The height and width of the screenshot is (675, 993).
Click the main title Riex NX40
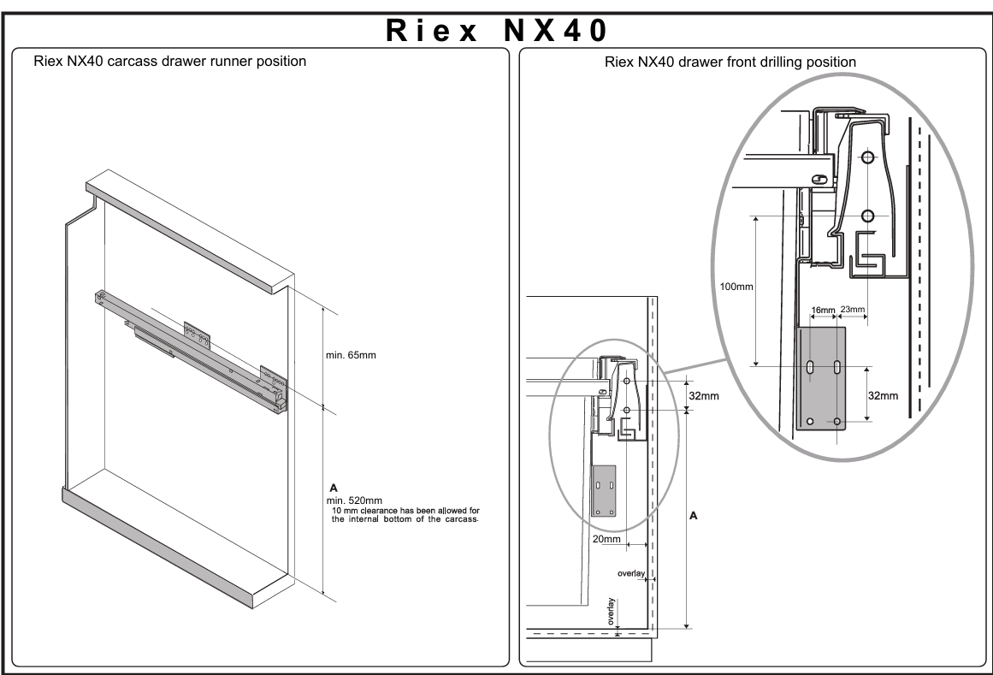pyautogui.click(x=497, y=30)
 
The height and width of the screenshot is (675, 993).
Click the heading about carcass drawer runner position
pyautogui.click(x=169, y=62)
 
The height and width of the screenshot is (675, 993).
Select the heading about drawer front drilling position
pyautogui.click(x=730, y=62)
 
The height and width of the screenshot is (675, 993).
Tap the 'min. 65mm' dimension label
pyautogui.click(x=351, y=355)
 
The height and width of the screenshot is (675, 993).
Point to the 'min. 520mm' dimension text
pyautogui.click(x=354, y=500)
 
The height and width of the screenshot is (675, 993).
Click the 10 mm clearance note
pyautogui.click(x=405, y=515)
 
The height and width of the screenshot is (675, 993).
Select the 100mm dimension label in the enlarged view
pyautogui.click(x=736, y=287)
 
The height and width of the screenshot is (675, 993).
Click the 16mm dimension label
pyautogui.click(x=824, y=311)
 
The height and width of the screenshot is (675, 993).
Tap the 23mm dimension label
pyautogui.click(x=853, y=310)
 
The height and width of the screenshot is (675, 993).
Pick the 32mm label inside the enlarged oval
pyautogui.click(x=883, y=396)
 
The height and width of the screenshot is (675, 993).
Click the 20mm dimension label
pyautogui.click(x=606, y=540)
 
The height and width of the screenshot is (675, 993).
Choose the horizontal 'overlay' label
pyautogui.click(x=631, y=574)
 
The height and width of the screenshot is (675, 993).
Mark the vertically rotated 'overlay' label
pyautogui.click(x=612, y=612)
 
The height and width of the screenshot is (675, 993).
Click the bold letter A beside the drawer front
pyautogui.click(x=694, y=516)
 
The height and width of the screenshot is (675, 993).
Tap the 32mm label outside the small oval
pyautogui.click(x=704, y=396)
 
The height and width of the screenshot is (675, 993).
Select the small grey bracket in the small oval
pyautogui.click(x=604, y=491)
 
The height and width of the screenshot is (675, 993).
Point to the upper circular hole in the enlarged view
pyautogui.click(x=867, y=157)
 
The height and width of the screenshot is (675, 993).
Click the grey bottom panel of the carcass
pyautogui.click(x=177, y=548)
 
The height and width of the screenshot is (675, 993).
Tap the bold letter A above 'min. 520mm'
pyautogui.click(x=334, y=488)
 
